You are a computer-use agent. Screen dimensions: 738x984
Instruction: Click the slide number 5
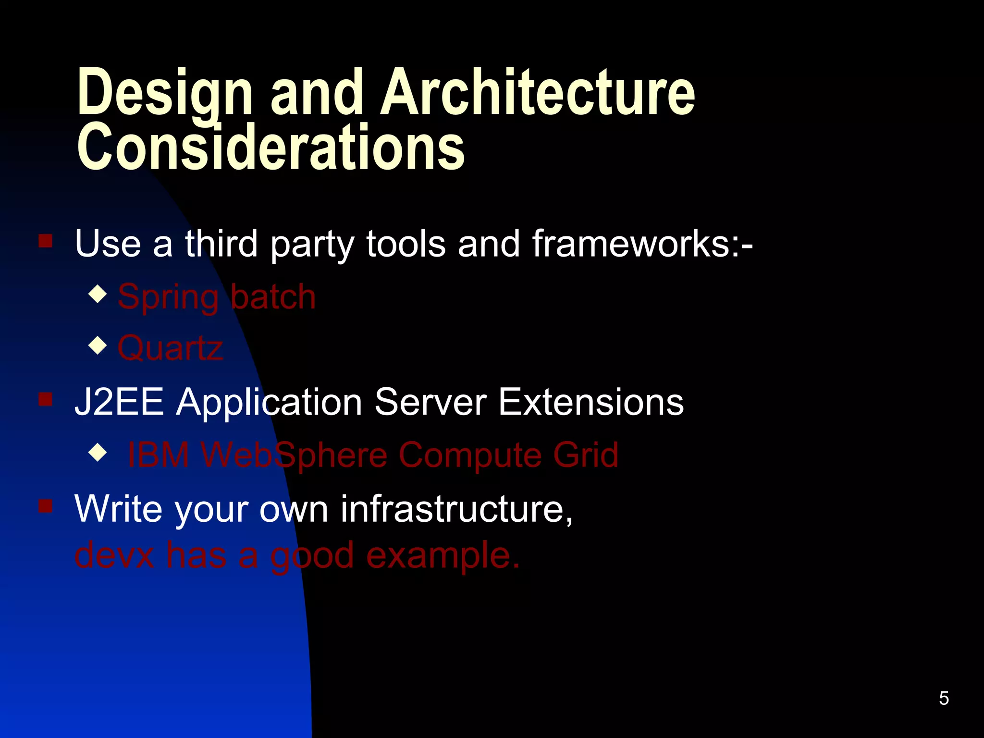tap(944, 698)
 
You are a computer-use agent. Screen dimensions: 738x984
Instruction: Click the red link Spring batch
tap(217, 296)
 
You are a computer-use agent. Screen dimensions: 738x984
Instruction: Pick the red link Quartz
tap(170, 348)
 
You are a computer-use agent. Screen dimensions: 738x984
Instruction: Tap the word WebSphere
tap(294, 455)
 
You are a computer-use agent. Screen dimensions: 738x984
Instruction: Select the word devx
tap(114, 555)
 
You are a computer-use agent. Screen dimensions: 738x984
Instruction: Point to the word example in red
tap(442, 555)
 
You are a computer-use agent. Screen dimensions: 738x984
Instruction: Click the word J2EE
tap(119, 402)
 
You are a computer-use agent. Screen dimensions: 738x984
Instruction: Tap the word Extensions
tap(590, 402)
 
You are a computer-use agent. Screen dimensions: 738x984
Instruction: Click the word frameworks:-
tap(642, 244)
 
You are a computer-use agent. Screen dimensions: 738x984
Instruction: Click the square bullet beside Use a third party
tap(46, 240)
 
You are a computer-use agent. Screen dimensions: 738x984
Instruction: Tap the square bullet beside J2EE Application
tap(46, 399)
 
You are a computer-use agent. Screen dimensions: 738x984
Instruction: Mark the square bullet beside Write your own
tap(46, 505)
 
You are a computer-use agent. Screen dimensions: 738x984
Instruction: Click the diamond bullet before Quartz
tap(98, 345)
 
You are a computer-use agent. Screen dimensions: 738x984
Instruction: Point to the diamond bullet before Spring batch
tap(98, 294)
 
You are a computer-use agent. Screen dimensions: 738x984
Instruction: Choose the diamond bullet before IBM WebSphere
tap(98, 452)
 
